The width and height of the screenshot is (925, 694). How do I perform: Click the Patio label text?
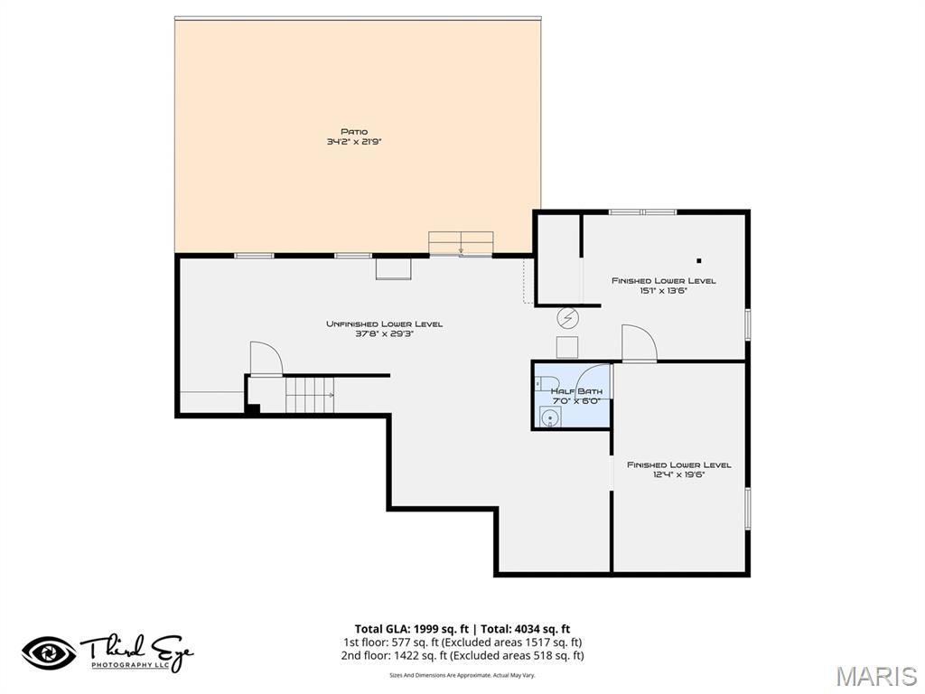point(354,132)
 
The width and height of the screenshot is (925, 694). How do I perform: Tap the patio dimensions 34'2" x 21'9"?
point(354,142)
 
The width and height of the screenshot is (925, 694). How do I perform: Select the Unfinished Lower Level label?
point(384,324)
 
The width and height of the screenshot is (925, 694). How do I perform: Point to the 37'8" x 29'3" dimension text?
point(384,333)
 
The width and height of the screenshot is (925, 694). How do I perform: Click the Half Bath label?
point(570,391)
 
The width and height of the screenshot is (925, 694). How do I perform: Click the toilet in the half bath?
point(543,383)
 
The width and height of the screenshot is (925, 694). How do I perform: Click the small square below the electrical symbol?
point(567,347)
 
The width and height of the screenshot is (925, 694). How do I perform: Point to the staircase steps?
point(310,395)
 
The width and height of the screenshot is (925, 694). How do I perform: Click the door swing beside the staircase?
point(266,358)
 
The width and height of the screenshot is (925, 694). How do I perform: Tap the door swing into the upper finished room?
point(638,343)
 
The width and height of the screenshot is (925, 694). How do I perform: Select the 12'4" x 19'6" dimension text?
point(678,474)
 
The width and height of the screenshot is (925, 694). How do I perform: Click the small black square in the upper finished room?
point(698,261)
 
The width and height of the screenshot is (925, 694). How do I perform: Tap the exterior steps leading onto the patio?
point(461,243)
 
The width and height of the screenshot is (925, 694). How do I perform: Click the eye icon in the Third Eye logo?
point(49,652)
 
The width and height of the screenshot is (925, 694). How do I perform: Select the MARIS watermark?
point(876,676)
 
